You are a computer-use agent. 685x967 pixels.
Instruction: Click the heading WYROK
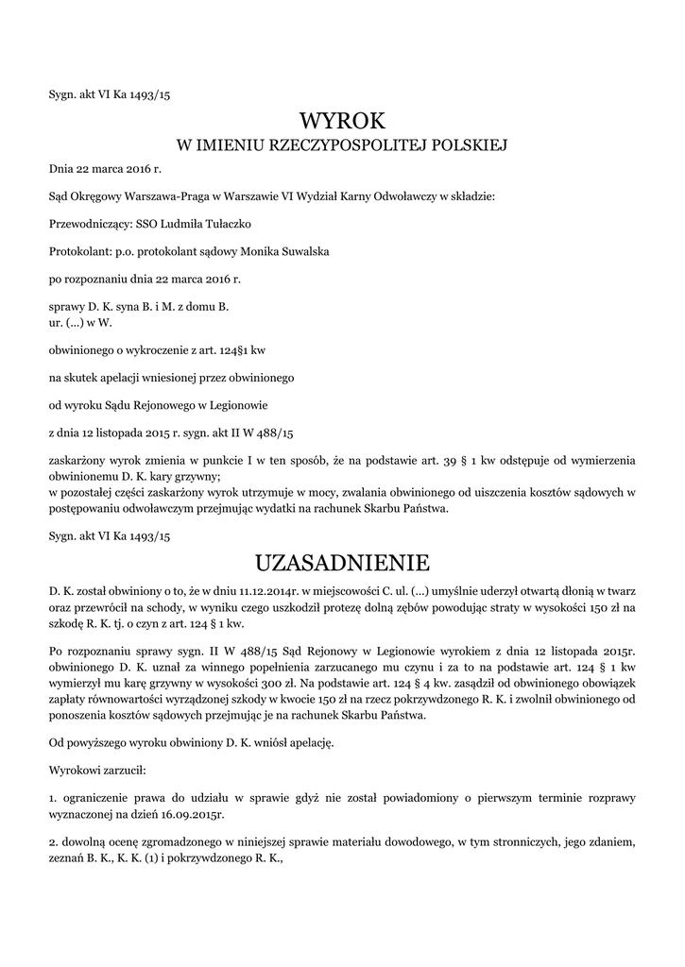tap(342, 121)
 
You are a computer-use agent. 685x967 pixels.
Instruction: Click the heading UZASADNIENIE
tap(342, 564)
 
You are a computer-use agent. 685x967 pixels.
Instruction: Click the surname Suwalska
tap(303, 251)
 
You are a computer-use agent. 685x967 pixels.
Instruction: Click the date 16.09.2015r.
tap(197, 812)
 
